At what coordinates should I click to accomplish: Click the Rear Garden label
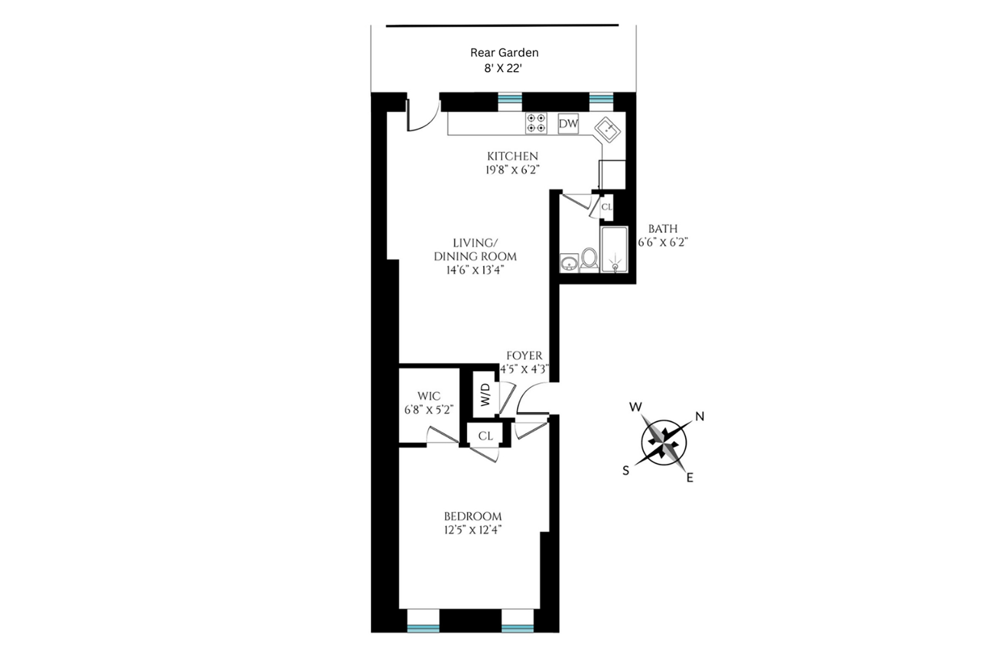[504, 52]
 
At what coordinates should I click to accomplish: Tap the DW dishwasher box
[568, 124]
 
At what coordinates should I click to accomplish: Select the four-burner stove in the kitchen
[536, 124]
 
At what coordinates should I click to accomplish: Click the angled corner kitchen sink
[607, 130]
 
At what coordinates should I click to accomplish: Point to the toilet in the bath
[589, 259]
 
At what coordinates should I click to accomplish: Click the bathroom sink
[569, 263]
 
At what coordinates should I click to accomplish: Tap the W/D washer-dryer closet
[485, 394]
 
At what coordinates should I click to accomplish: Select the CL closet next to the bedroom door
[485, 436]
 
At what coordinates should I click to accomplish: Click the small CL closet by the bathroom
[606, 207]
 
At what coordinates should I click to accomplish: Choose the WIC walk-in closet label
[429, 396]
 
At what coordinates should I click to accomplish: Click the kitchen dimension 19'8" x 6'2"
[512, 170]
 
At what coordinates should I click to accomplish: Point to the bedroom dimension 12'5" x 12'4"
[473, 530]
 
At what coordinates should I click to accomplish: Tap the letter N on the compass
[700, 417]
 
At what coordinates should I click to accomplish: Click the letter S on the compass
[626, 471]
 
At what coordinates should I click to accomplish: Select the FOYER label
[524, 356]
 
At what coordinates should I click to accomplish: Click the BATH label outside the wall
[663, 228]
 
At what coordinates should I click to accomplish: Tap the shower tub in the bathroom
[614, 249]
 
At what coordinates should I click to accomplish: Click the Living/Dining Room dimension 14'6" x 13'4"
[475, 270]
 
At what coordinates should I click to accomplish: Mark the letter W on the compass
[636, 407]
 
